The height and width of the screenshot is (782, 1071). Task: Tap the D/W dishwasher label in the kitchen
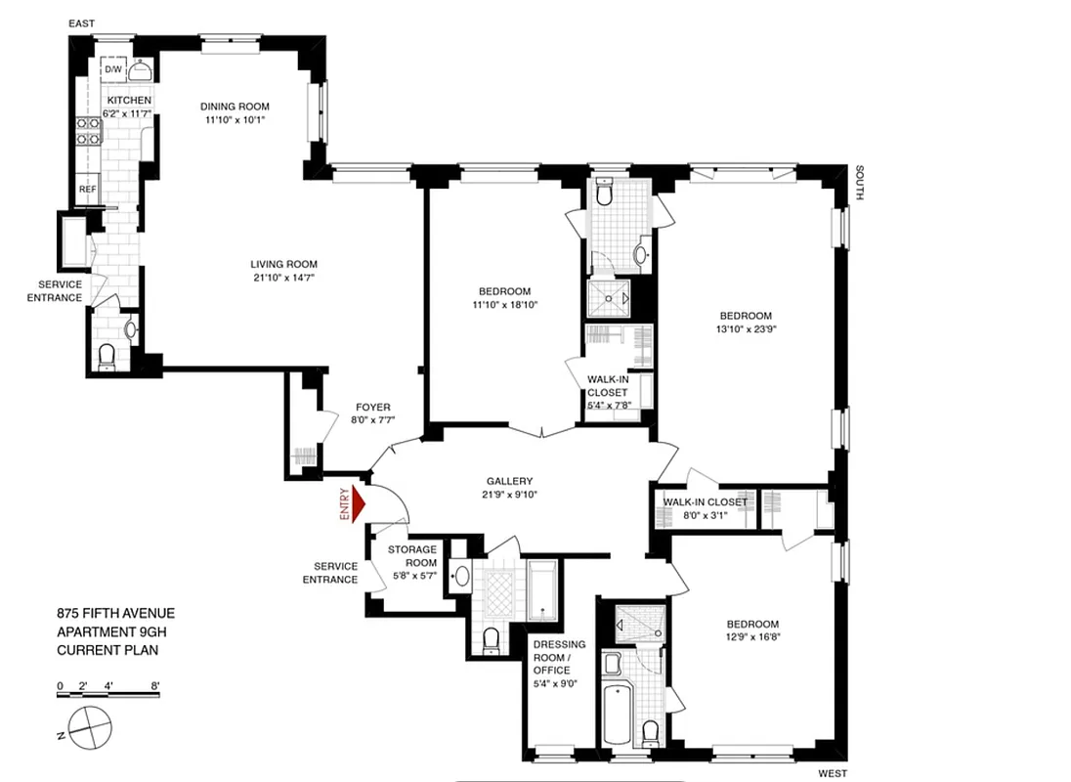coord(112,69)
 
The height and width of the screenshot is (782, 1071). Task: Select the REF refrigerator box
coord(87,189)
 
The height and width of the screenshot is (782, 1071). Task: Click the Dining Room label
coord(235,107)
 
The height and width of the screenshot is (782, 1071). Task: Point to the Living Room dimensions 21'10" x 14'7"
coord(283,278)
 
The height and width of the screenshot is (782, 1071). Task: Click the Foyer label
coord(372,408)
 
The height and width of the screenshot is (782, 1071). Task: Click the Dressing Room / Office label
coord(558,657)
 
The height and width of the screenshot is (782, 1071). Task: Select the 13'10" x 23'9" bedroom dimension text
coord(746,329)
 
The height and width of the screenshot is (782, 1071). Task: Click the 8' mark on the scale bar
coord(155,685)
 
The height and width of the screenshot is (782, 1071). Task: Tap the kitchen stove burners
coord(85,130)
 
